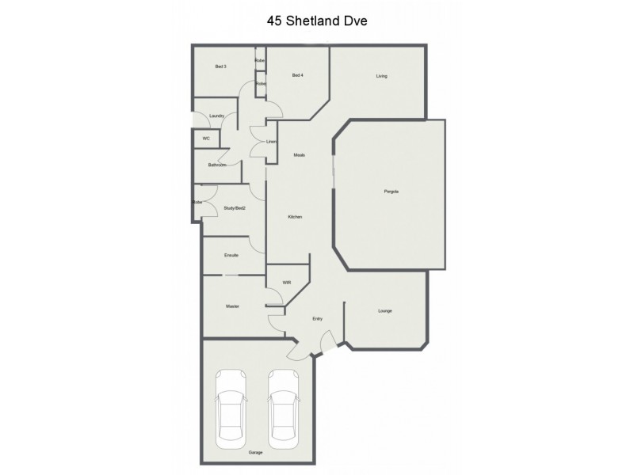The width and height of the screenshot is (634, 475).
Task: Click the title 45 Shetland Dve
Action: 317,21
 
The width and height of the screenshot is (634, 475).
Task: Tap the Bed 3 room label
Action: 221,66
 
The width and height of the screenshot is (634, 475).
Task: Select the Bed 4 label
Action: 298,75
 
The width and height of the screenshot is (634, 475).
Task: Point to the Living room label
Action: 381,76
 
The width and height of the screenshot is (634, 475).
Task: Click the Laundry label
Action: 218,117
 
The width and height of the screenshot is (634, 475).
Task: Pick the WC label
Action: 206,139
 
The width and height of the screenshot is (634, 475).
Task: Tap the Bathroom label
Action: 218,165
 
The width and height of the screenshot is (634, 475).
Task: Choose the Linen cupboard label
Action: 271,142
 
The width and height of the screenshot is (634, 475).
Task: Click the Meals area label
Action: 300,154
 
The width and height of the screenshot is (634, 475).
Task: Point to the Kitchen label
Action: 295,217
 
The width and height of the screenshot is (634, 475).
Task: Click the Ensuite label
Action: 232,255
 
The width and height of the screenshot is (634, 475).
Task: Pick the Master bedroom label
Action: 232,306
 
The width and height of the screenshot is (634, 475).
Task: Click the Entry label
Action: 317,319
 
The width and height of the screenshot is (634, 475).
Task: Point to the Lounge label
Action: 385,310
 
